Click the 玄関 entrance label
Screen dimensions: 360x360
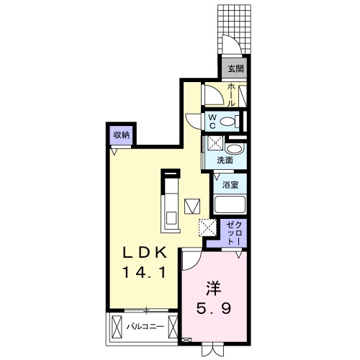click(x=235, y=69)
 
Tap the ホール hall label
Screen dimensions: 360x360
click(x=231, y=94)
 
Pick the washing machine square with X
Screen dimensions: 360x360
click(x=215, y=143)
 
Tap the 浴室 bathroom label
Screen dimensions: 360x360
click(x=230, y=184)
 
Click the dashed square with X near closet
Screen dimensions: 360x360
click(x=207, y=227)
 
